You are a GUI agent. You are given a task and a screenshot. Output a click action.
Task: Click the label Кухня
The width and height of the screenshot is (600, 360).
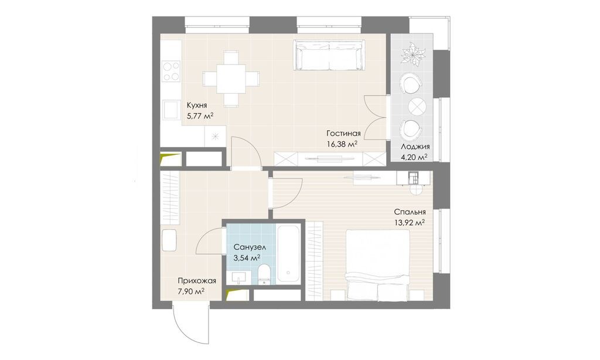[x=196, y=106]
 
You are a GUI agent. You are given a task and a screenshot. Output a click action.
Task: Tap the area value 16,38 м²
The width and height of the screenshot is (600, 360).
[x=343, y=143]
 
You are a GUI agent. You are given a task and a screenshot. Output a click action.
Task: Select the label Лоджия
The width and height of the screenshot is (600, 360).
[x=416, y=147]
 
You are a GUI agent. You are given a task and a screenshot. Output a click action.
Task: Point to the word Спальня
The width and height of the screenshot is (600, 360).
[x=410, y=212]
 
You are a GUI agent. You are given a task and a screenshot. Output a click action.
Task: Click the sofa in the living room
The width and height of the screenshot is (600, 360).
[x=328, y=56]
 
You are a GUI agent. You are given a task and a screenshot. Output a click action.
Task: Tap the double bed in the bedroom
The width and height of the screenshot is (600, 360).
[x=377, y=264]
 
